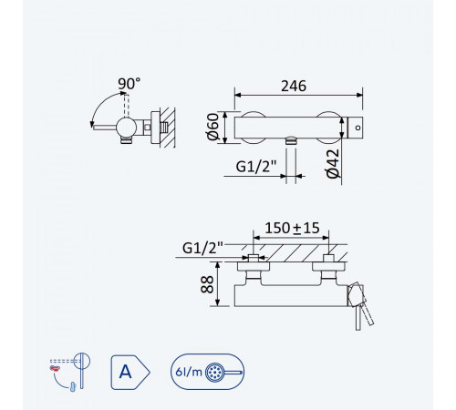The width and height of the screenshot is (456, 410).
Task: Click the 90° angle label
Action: point(130,84)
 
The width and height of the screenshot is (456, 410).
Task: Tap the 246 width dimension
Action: point(294,87)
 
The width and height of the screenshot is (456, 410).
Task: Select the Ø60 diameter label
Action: point(213,127)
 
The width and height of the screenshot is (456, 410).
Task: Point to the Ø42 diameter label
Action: point(332,164)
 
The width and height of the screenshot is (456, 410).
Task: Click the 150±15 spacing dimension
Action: point(292,228)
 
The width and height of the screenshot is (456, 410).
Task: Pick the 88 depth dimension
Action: point(207,284)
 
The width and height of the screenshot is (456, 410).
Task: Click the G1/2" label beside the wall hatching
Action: point(202,248)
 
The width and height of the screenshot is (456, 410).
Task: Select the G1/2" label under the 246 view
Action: point(256,167)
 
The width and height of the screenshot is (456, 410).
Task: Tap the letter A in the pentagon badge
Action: point(125,372)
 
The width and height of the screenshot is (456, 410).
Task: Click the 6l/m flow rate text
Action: point(189,372)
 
